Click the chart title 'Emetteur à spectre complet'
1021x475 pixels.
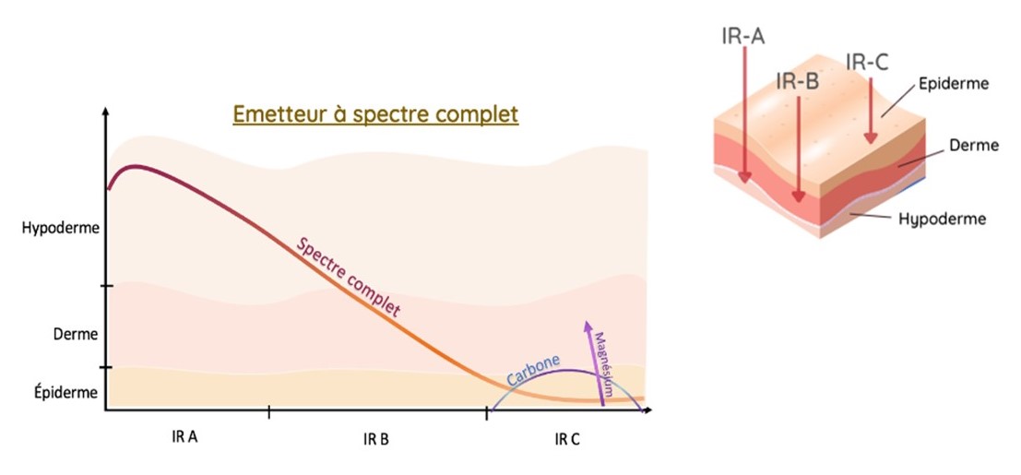[375, 114]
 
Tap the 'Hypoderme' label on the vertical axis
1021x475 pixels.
[60, 229]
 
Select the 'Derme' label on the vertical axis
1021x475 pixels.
[76, 334]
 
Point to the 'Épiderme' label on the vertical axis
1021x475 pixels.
[65, 392]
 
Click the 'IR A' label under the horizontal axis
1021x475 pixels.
[184, 437]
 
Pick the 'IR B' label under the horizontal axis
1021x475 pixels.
[375, 440]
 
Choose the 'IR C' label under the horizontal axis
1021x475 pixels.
[566, 440]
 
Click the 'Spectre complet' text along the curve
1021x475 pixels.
[348, 278]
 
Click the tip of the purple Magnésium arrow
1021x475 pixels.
[587, 321]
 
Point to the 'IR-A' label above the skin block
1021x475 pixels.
[743, 36]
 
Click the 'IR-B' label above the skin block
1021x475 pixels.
[798, 82]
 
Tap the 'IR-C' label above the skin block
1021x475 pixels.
[867, 62]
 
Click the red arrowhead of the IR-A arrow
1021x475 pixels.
[745, 176]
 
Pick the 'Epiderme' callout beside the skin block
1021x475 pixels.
[954, 84]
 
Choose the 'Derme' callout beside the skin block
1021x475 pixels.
[973, 146]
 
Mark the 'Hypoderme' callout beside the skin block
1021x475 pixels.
[942, 219]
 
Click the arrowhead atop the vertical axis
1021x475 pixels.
[105, 110]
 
